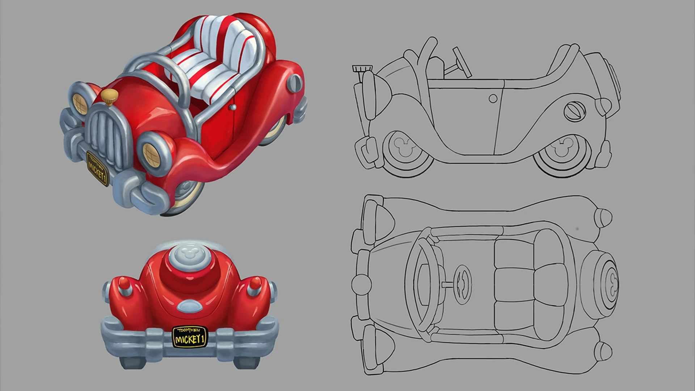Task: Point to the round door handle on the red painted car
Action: point(233,108)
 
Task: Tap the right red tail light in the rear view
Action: point(256,284)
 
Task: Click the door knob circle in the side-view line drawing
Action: point(493,98)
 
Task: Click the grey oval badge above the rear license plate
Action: point(190,307)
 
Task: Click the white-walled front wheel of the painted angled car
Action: point(186,195)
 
